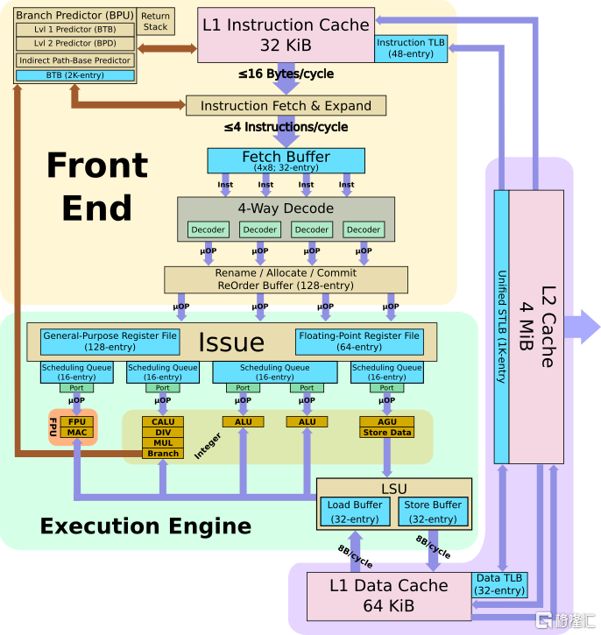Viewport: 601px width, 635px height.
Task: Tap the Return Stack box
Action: point(155,21)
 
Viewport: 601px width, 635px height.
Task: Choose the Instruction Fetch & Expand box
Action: point(286,106)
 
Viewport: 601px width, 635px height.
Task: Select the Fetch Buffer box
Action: point(286,160)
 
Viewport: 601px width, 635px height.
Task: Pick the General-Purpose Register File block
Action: point(110,342)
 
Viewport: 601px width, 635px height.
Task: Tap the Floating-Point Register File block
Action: point(359,342)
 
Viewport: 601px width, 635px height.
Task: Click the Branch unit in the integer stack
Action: point(163,454)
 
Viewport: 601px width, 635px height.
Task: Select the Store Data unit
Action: point(386,433)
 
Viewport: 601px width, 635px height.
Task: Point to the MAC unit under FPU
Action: point(76,433)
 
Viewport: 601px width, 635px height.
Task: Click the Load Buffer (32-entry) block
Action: point(355,512)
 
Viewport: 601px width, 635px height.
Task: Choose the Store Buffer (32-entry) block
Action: point(433,512)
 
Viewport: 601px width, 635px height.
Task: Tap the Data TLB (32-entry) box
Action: point(499,583)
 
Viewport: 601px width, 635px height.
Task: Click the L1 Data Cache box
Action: point(388,595)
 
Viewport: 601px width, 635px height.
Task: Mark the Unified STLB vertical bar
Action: point(501,324)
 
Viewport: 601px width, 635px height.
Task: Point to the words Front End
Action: point(96,186)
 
